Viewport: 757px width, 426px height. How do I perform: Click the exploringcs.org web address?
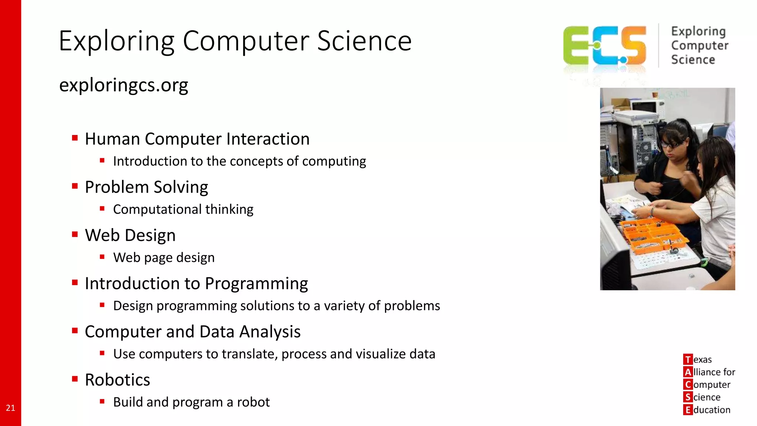[x=123, y=85]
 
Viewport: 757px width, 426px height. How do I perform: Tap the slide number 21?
[x=10, y=408]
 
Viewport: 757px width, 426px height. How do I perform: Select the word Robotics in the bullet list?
[x=117, y=380]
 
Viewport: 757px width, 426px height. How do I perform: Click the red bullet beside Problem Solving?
[x=75, y=186]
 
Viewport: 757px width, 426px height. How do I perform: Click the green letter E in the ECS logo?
[x=577, y=46]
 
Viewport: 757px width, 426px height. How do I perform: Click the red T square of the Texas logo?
[x=688, y=359]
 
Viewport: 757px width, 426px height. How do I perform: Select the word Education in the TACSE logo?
[x=712, y=410]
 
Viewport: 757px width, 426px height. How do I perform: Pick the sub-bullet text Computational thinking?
[x=183, y=209]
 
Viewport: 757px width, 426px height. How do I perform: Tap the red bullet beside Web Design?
[x=75, y=234]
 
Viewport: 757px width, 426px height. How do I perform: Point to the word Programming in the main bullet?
[x=256, y=284]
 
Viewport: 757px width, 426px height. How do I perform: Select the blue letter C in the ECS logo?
[x=606, y=46]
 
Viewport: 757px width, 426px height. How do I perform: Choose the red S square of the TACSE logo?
[x=688, y=397]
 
